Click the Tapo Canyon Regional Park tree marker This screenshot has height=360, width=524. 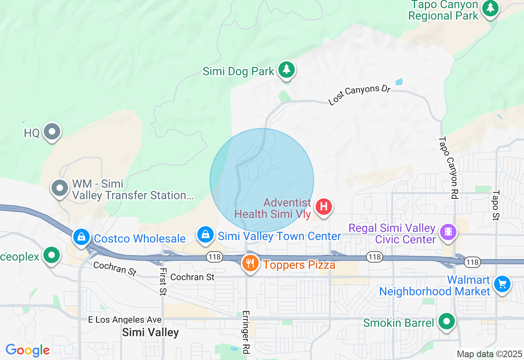(x=490, y=9)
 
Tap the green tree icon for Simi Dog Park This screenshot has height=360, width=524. (x=287, y=70)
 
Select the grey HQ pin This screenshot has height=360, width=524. (x=52, y=132)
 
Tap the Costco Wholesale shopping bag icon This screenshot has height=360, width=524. (x=81, y=236)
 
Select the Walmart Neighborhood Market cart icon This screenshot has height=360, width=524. (x=502, y=283)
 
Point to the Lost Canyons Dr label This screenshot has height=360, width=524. (x=359, y=95)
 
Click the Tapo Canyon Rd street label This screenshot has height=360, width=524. (x=448, y=168)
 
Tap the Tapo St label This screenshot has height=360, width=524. (x=496, y=205)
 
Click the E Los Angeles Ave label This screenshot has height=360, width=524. (x=125, y=319)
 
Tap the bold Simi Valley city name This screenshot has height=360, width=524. (x=150, y=332)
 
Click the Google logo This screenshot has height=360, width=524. (x=27, y=350)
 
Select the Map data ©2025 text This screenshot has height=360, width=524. (x=489, y=354)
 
